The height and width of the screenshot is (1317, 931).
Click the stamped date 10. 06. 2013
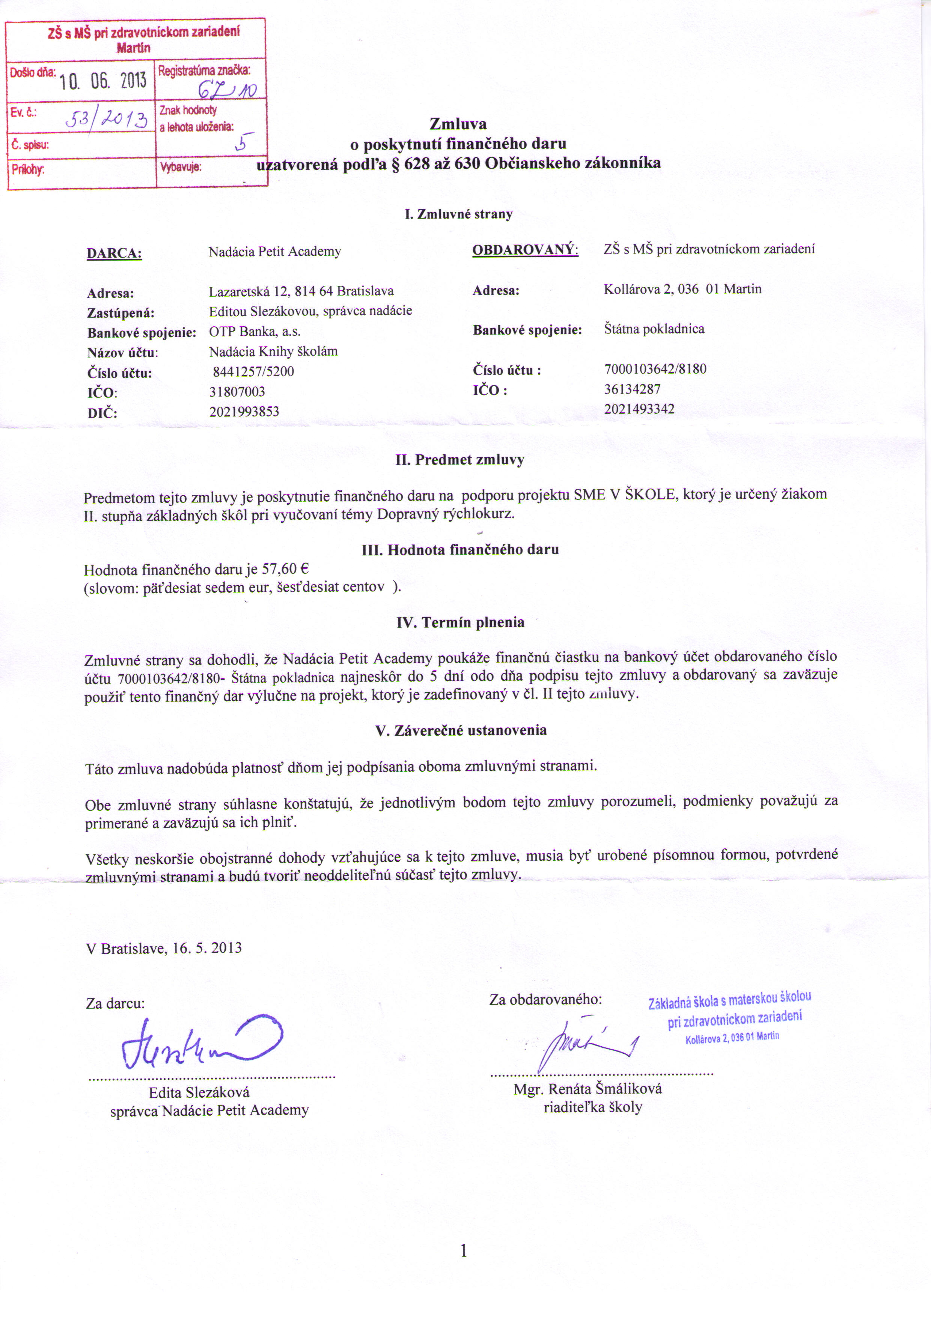[103, 81]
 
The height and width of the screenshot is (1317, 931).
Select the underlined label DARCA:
[114, 253]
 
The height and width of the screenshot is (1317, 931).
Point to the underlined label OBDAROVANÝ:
[525, 250]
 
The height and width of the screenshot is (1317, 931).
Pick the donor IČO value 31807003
[237, 392]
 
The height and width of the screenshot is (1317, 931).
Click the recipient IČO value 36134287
[632, 389]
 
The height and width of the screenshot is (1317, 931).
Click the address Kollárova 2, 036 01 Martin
[682, 289]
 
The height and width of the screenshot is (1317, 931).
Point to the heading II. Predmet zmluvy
[460, 460]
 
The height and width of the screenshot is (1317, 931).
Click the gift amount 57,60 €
[285, 569]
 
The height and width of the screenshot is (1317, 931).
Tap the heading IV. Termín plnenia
[460, 622]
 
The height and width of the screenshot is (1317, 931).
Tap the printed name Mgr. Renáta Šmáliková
[588, 1089]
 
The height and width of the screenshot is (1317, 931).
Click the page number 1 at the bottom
[464, 1251]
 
